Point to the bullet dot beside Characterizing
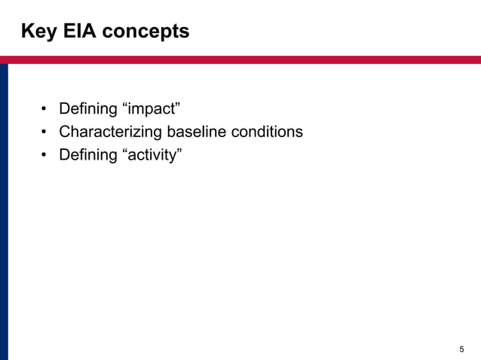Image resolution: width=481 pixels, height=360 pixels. [x=45, y=133]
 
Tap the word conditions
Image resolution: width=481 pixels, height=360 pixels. [x=268, y=132]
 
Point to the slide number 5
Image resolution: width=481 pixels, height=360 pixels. [x=461, y=349]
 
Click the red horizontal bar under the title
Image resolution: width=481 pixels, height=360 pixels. [x=240, y=59]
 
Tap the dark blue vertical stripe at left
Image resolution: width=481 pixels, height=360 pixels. [x=4, y=211]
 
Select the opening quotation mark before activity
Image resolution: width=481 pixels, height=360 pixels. [x=124, y=151]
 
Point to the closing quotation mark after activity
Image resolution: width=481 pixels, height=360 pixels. [x=181, y=151]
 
